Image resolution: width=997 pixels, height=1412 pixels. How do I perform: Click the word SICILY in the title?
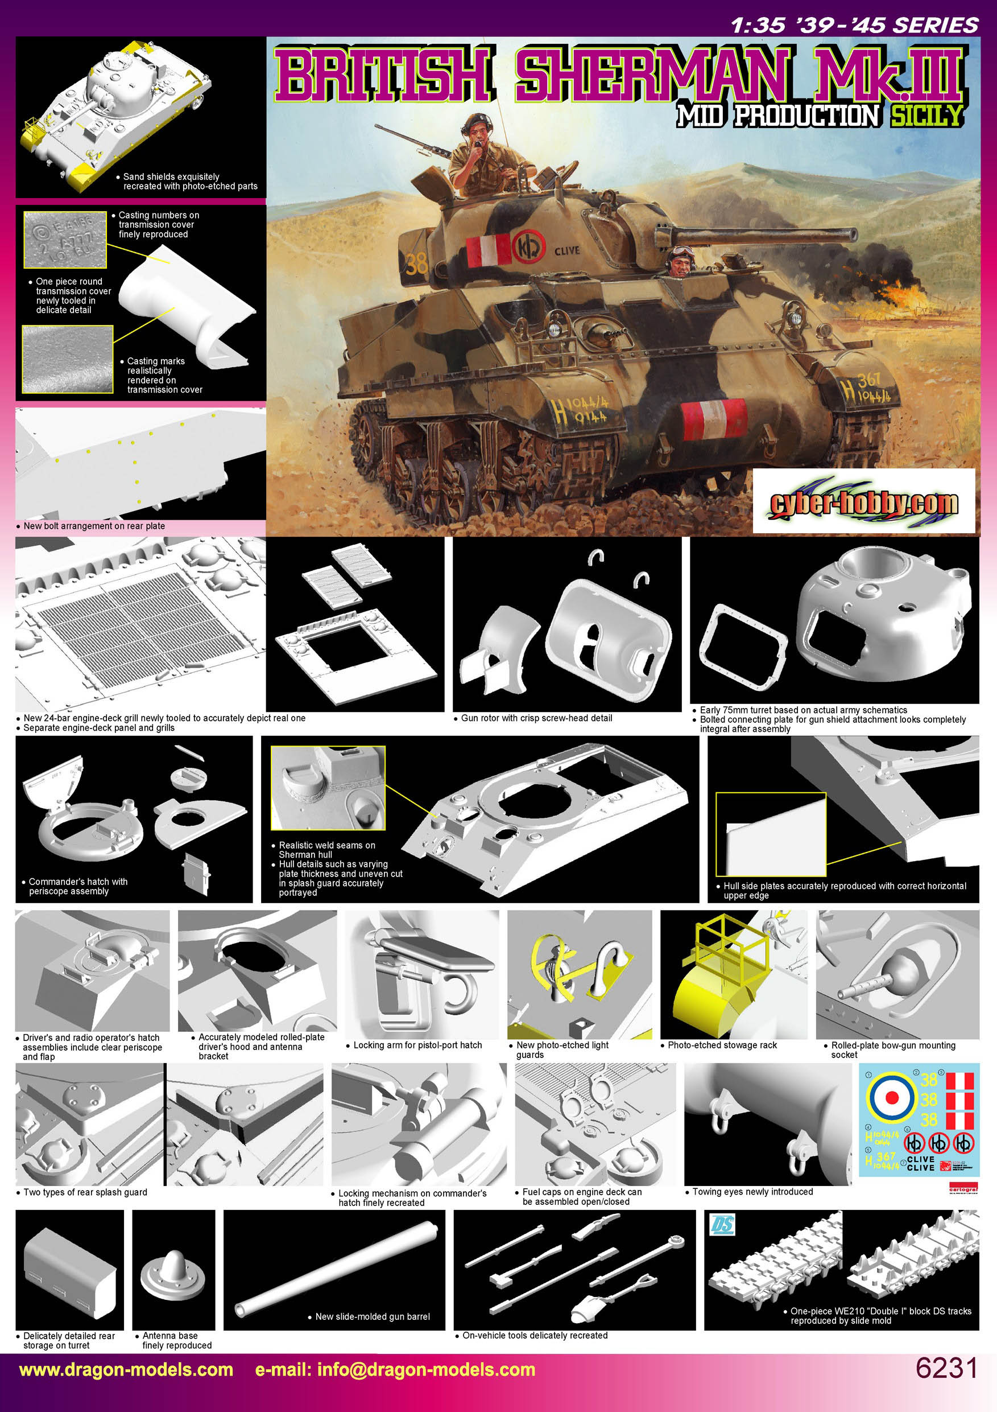click(x=926, y=115)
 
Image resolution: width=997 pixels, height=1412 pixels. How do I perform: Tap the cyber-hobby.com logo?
click(x=863, y=502)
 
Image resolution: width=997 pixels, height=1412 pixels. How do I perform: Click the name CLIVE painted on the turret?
click(x=566, y=251)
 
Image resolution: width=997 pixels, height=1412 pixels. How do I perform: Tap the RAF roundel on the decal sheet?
click(x=891, y=1098)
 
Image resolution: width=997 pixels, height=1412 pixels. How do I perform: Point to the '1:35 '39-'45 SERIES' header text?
click(x=854, y=24)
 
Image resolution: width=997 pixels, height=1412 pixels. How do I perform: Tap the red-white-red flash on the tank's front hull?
click(x=715, y=418)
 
